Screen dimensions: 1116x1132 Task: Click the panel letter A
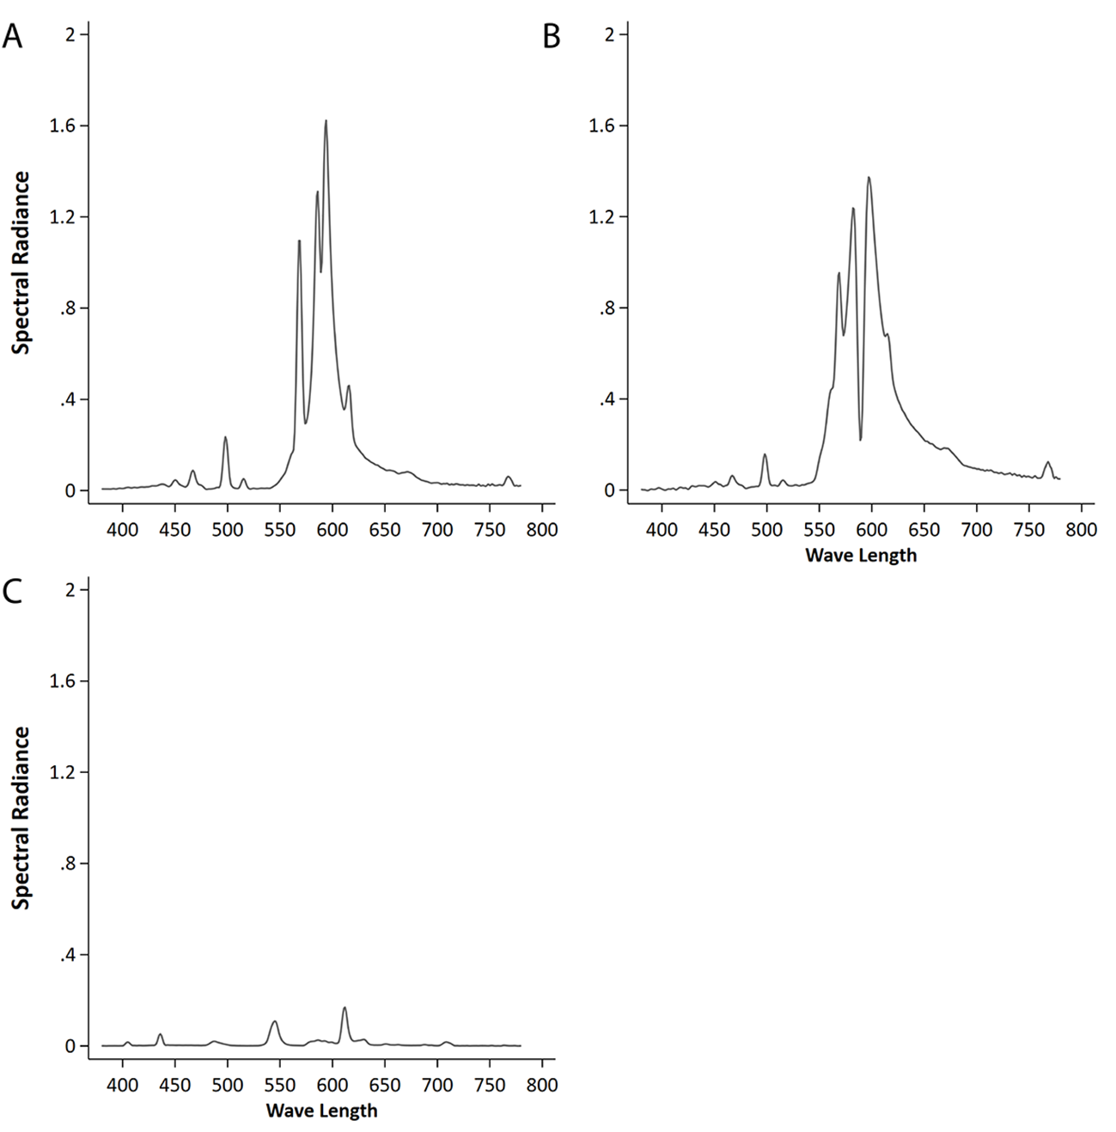[12, 37]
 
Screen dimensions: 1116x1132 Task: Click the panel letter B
[552, 37]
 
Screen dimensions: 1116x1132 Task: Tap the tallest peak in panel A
[326, 121]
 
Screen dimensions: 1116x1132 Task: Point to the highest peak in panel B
[869, 178]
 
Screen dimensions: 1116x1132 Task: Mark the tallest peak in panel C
[345, 1008]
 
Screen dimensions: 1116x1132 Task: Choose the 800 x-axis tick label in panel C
[542, 1085]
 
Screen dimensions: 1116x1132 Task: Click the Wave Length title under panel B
[861, 555]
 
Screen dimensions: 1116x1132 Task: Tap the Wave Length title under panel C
[321, 1111]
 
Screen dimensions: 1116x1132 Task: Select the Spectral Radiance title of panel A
[21, 263]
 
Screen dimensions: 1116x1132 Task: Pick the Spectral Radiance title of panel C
[21, 818]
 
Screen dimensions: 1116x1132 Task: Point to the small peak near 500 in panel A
[225, 438]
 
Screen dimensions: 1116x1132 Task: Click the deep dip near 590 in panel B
[860, 439]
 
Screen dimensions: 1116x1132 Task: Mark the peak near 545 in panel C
[274, 1021]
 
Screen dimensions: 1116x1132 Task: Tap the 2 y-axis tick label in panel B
[608, 34]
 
